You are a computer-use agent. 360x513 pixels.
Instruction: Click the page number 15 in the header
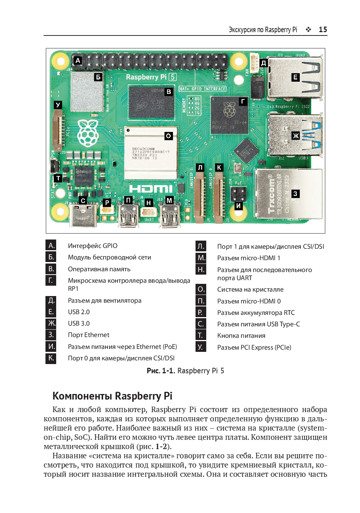(323, 30)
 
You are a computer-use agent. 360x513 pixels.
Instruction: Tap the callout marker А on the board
(78, 60)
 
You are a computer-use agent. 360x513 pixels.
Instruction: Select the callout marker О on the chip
(169, 136)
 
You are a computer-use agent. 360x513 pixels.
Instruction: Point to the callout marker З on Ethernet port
(295, 194)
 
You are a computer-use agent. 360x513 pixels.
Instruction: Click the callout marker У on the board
(58, 105)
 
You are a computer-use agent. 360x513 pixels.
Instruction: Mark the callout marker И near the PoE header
(239, 206)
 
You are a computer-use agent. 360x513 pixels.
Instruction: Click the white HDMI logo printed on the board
(151, 189)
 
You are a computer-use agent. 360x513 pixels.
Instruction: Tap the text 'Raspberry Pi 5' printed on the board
(151, 77)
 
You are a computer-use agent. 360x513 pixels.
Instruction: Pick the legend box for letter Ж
(51, 323)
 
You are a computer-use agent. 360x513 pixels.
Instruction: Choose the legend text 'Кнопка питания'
(241, 336)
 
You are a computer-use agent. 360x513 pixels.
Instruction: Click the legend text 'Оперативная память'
(99, 269)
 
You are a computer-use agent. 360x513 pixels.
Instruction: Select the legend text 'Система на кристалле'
(250, 289)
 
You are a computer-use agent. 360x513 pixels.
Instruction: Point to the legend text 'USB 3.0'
(79, 323)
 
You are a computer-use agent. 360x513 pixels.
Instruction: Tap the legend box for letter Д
(51, 300)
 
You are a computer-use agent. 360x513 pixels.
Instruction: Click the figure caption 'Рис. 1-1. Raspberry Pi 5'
(185, 371)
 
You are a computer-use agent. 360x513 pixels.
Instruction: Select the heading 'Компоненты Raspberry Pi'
(112, 396)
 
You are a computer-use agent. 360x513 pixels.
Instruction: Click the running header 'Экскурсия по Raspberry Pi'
(263, 30)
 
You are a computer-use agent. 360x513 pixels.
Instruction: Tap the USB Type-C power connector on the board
(84, 216)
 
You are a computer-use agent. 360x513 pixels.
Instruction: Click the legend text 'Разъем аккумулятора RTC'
(256, 313)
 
